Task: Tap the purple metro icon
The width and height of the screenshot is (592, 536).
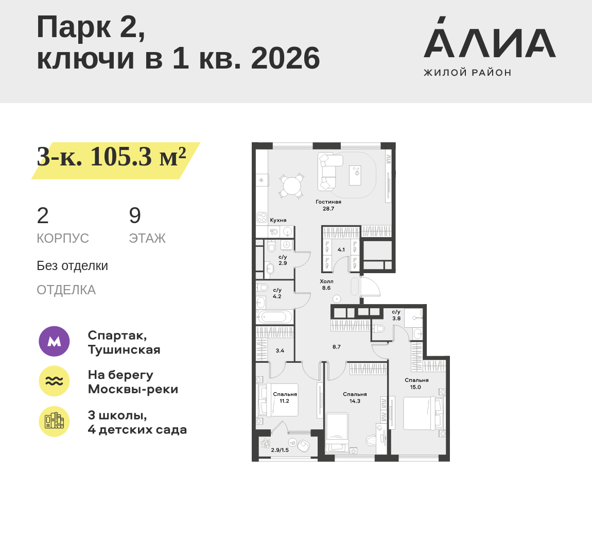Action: coord(54,341)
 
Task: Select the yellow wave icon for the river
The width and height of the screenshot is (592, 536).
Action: coord(54,381)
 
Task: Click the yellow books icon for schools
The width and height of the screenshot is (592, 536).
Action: coord(54,421)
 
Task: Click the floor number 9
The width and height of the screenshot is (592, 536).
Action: coord(135,215)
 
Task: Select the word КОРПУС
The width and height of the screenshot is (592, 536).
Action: coord(63,238)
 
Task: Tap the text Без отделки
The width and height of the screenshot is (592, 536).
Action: coord(72,266)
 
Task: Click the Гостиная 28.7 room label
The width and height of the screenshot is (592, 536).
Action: coord(328,205)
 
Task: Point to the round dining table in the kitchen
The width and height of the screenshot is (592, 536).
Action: coord(292,186)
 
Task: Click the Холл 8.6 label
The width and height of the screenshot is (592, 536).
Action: coord(326,284)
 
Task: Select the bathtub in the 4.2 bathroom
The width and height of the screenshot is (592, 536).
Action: coord(274,316)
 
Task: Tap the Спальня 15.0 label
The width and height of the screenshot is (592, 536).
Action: coord(416,383)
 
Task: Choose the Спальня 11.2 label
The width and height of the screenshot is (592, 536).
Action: coord(285,397)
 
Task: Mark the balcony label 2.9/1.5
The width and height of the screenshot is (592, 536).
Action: coord(280,450)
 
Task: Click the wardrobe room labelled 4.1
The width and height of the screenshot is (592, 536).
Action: coord(341,250)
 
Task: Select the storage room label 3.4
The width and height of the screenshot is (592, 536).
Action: coord(280,351)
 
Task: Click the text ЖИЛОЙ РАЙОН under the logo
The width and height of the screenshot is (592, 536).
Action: coord(467,73)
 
